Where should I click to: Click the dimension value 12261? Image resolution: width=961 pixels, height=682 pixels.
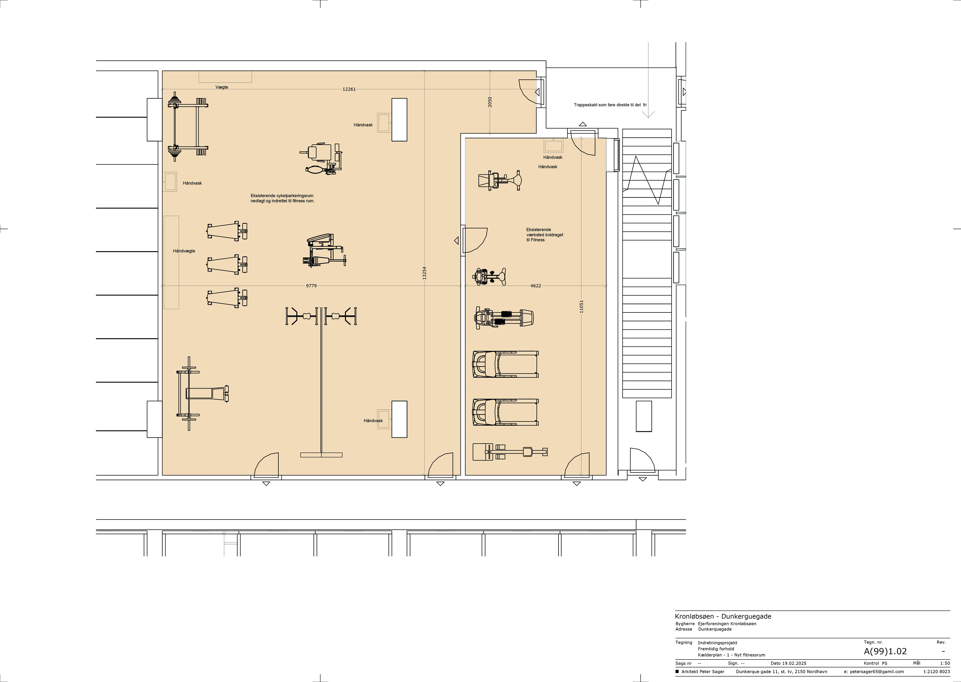(x=349, y=89)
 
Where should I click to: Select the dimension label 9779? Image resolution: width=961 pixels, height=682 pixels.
(x=311, y=286)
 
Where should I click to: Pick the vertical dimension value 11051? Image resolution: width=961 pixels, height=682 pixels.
(x=581, y=306)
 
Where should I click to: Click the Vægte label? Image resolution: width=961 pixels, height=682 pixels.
(x=222, y=87)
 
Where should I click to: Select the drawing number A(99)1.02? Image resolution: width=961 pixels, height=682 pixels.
(x=885, y=651)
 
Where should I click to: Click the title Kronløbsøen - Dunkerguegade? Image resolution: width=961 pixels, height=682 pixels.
(x=723, y=616)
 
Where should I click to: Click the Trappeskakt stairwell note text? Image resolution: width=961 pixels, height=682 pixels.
(x=610, y=105)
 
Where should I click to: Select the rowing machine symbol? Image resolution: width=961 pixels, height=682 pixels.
(x=510, y=452)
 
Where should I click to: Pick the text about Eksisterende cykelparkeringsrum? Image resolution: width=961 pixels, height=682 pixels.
(x=282, y=198)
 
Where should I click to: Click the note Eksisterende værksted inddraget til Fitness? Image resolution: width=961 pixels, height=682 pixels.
(x=544, y=235)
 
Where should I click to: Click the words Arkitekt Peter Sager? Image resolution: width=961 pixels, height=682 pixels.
(x=703, y=672)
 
